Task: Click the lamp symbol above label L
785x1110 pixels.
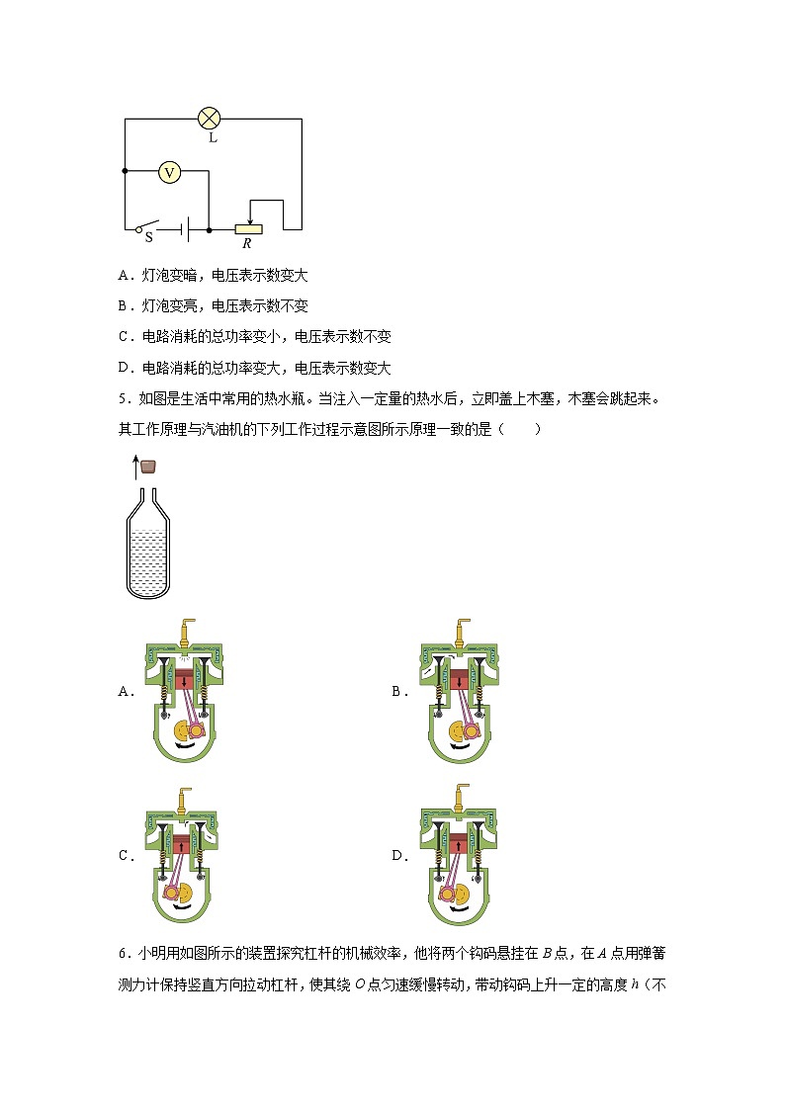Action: tap(209, 119)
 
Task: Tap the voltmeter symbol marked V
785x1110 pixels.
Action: tap(170, 172)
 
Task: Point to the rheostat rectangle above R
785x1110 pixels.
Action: tap(249, 229)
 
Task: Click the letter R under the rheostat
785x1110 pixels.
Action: tap(246, 243)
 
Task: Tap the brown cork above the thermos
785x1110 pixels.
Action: tap(149, 466)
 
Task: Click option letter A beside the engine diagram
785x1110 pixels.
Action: tap(126, 692)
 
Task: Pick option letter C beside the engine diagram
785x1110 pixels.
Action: tap(126, 856)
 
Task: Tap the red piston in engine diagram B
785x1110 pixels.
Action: tap(459, 681)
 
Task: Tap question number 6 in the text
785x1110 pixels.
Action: tap(122, 954)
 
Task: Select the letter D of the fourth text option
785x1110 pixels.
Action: tap(123, 369)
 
